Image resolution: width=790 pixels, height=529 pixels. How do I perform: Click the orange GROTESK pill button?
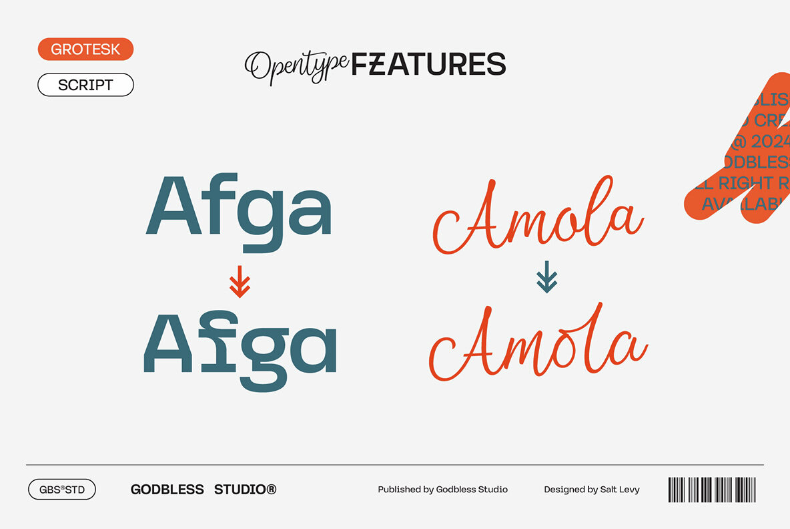[x=85, y=49]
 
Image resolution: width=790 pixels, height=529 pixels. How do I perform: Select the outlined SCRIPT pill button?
[x=85, y=85]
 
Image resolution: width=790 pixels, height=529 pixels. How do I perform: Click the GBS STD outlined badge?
[x=62, y=490]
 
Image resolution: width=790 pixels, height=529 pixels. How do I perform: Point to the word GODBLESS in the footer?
[x=167, y=490]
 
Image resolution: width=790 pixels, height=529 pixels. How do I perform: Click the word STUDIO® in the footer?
[x=245, y=490]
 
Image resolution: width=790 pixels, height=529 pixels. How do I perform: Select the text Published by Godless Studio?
[x=442, y=490]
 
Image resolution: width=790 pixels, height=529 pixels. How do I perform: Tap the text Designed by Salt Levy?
[x=591, y=490]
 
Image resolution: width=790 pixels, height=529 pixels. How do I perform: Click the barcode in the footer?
[x=712, y=490]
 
